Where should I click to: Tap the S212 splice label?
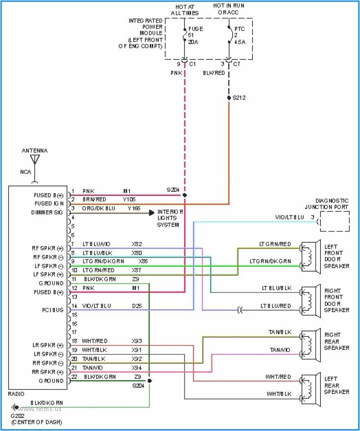coord(239,97)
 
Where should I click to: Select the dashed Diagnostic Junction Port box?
coord(334,221)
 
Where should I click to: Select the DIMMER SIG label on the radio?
coord(47,213)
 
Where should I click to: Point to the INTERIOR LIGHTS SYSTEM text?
coord(170,218)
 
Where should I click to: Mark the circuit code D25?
coord(137,306)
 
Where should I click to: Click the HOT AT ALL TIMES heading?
coord(184,10)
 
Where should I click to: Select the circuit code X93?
coord(137,341)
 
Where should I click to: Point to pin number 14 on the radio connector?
coord(73,306)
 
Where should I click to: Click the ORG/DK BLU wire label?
coord(99,208)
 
